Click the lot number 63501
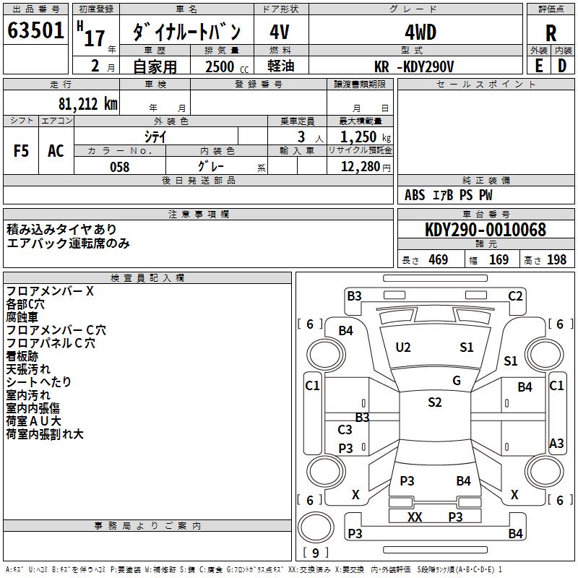pos(35,32)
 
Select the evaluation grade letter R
pos(551,33)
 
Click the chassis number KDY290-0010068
pos(485,230)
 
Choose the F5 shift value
pos(22,151)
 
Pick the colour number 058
pos(119,167)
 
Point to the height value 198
pos(556,259)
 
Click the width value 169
pos(499,259)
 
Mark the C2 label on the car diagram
pos(515,296)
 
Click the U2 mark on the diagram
pos(403,347)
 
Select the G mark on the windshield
pos(457,380)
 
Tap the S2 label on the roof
pos(434,402)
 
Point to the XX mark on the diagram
pos(415,517)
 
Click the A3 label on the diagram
pos(556,443)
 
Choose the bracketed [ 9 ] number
pos(315,553)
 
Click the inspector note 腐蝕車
pos(22,317)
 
